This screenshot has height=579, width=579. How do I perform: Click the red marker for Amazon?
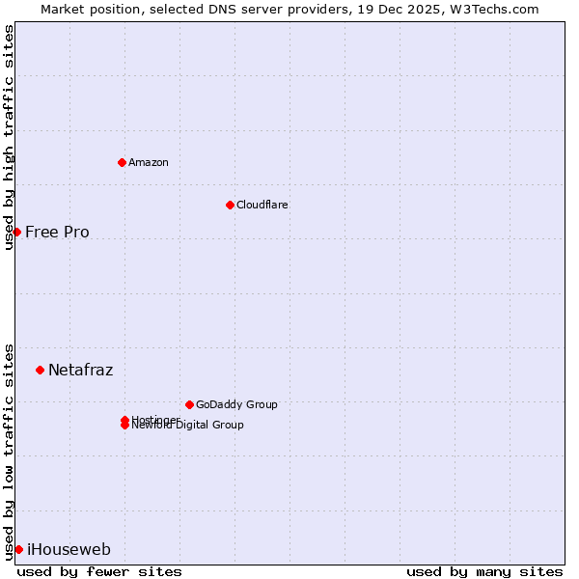pos(122,162)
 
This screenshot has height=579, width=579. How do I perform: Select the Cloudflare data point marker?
pos(230,205)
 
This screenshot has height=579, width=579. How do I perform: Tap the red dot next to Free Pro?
pos(16,232)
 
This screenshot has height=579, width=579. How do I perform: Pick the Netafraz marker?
pos(40,370)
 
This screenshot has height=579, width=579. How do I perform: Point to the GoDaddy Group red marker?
pos(189,404)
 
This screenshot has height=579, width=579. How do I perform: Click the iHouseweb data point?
pos(18,549)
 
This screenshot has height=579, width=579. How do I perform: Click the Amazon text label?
pos(149,162)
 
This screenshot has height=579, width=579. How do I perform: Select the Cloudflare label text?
pos(262,205)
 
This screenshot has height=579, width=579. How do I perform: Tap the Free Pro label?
pos(57,232)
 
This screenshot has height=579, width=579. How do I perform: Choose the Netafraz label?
pos(80,370)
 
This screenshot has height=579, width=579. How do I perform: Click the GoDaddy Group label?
pos(236,404)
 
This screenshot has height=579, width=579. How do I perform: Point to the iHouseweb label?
pos(69,550)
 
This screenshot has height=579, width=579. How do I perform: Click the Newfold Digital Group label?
pos(189,426)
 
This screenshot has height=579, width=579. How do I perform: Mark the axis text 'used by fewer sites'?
pos(99,571)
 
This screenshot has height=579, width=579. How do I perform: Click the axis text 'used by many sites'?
pos(484,571)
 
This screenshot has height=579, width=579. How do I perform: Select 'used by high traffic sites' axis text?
pos(9,137)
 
